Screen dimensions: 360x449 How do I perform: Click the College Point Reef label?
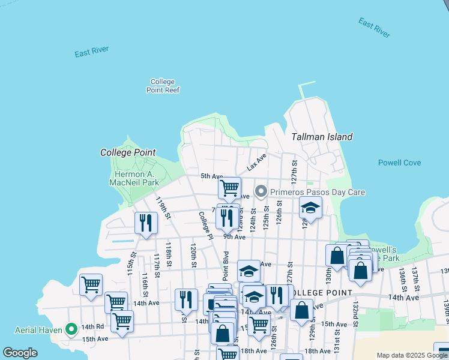pos(163,86)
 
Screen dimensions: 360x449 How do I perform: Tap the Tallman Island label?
pos(322,137)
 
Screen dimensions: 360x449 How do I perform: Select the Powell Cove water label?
pos(399,163)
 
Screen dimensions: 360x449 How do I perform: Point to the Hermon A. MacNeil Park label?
pos(136,178)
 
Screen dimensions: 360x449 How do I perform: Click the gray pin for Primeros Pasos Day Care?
pos(261,192)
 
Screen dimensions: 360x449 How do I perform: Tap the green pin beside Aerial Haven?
pos(71,328)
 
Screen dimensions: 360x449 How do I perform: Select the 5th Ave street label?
pos(211,176)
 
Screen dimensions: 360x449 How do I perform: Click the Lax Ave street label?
pos(256,160)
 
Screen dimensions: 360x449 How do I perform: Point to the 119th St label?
pos(163,208)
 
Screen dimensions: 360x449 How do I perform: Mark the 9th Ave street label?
pos(235,237)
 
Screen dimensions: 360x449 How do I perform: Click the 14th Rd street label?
pos(93,326)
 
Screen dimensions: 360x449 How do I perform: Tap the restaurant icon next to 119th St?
pos(146,223)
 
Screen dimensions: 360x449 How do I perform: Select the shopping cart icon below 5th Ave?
pos(229,188)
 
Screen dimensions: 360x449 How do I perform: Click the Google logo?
pos(20,353)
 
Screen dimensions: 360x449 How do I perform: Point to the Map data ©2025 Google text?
pos(412,355)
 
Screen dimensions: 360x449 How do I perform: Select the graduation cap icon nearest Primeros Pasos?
pos(310,208)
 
